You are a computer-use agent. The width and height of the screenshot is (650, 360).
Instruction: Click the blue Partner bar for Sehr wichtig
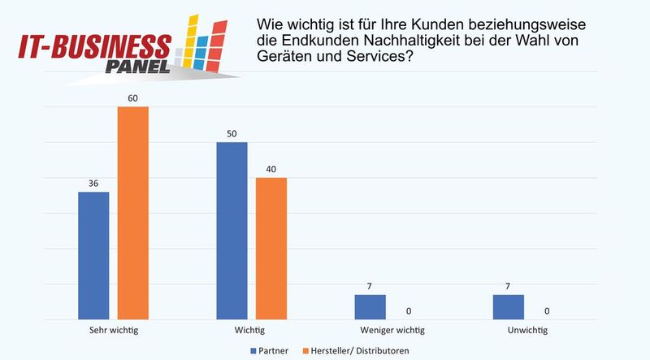[93, 255]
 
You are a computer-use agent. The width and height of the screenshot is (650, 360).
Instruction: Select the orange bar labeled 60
[133, 213]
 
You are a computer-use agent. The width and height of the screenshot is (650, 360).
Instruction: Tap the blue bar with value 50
[232, 231]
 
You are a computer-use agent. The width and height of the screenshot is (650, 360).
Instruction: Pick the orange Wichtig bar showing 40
[271, 248]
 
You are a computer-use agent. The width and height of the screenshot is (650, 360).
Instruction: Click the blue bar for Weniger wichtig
[370, 306]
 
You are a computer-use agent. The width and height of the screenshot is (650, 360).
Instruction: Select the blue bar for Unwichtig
[508, 306]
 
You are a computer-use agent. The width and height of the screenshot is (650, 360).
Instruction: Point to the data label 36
[93, 184]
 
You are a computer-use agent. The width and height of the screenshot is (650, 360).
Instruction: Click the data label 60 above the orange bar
[133, 98]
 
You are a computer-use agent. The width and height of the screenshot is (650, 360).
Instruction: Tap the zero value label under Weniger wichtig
[409, 310]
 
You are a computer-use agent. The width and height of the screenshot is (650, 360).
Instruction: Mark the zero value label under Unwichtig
[548, 310]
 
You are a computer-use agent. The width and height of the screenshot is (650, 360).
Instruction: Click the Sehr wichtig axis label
[113, 331]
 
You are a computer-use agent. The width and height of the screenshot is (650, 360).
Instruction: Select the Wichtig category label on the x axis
[251, 331]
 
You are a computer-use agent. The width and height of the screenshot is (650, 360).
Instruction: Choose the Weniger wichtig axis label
[389, 331]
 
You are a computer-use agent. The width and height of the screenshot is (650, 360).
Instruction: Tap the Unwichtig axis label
[527, 331]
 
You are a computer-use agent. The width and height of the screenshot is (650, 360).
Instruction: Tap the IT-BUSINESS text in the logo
[93, 46]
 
